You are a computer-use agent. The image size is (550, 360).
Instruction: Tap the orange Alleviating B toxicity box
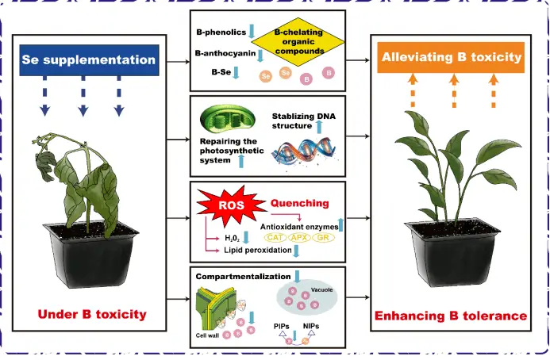point(452,57)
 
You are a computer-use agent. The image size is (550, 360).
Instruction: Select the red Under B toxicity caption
point(92,315)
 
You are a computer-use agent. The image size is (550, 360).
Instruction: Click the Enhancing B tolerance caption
point(451,316)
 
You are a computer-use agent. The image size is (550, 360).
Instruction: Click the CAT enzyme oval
point(276,237)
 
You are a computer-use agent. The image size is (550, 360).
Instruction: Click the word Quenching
point(300,202)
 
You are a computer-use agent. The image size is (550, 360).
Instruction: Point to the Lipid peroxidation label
point(253,251)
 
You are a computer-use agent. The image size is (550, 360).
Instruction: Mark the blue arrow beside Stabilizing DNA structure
point(319,126)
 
